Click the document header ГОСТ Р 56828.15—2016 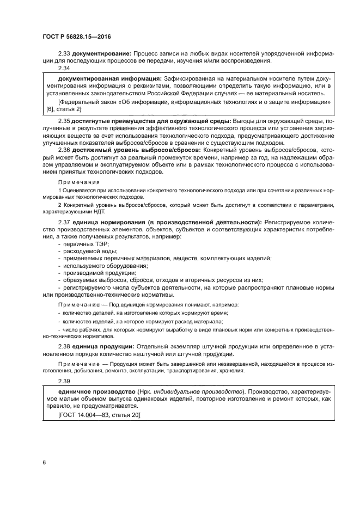coord(77,37)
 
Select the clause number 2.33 coord(64,54)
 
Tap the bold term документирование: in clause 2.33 coord(101,54)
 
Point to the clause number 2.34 coord(64,68)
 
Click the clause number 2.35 coord(64,120)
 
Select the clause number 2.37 coord(64,222)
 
